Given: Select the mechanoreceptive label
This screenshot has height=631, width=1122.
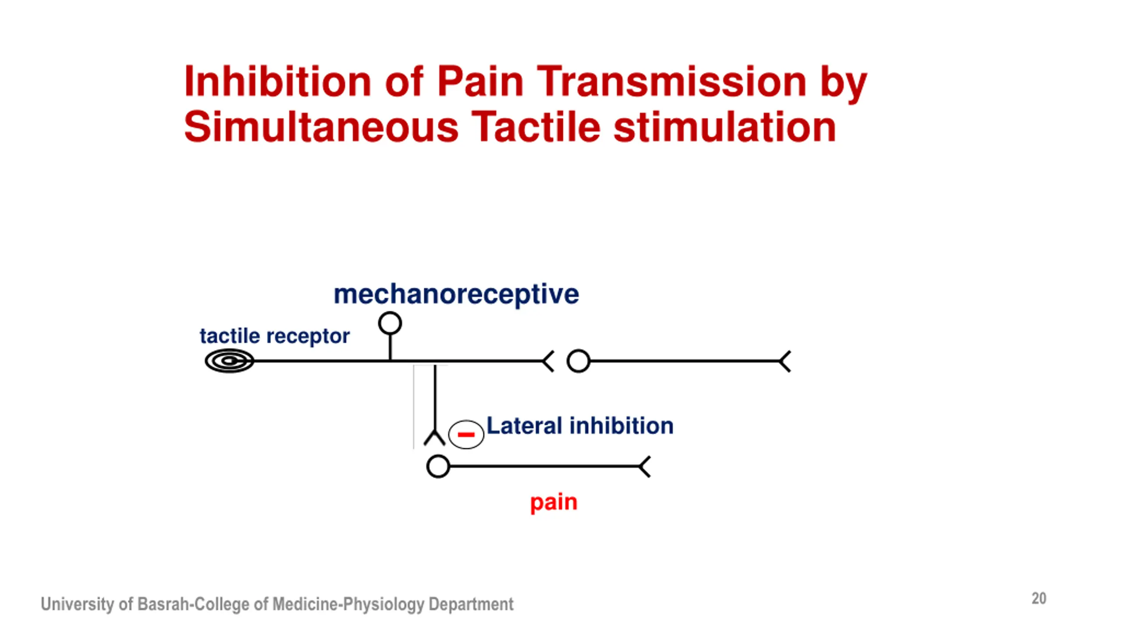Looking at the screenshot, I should (x=456, y=294).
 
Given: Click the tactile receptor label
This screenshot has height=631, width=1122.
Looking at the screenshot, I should (x=274, y=336).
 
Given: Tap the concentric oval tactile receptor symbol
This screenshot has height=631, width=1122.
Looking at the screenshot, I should (x=229, y=361).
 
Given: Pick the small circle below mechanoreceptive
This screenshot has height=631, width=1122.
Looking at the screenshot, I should (x=390, y=323).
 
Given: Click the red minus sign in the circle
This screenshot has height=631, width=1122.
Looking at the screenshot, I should (x=466, y=434).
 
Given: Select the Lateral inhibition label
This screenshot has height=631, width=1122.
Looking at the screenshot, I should (x=580, y=426).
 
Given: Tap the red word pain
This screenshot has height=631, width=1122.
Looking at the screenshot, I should (x=554, y=502).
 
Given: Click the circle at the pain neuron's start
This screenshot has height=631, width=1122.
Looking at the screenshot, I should (x=438, y=466).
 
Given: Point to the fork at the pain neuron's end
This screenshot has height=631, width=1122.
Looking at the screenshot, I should (x=644, y=466).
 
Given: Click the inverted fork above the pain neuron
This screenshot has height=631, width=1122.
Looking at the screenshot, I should (x=435, y=438).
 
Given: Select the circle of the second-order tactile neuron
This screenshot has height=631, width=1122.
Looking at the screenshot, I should (x=578, y=361).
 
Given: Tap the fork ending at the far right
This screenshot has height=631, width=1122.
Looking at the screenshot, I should (x=785, y=361).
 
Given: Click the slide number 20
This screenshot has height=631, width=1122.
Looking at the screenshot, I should (x=1039, y=599).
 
